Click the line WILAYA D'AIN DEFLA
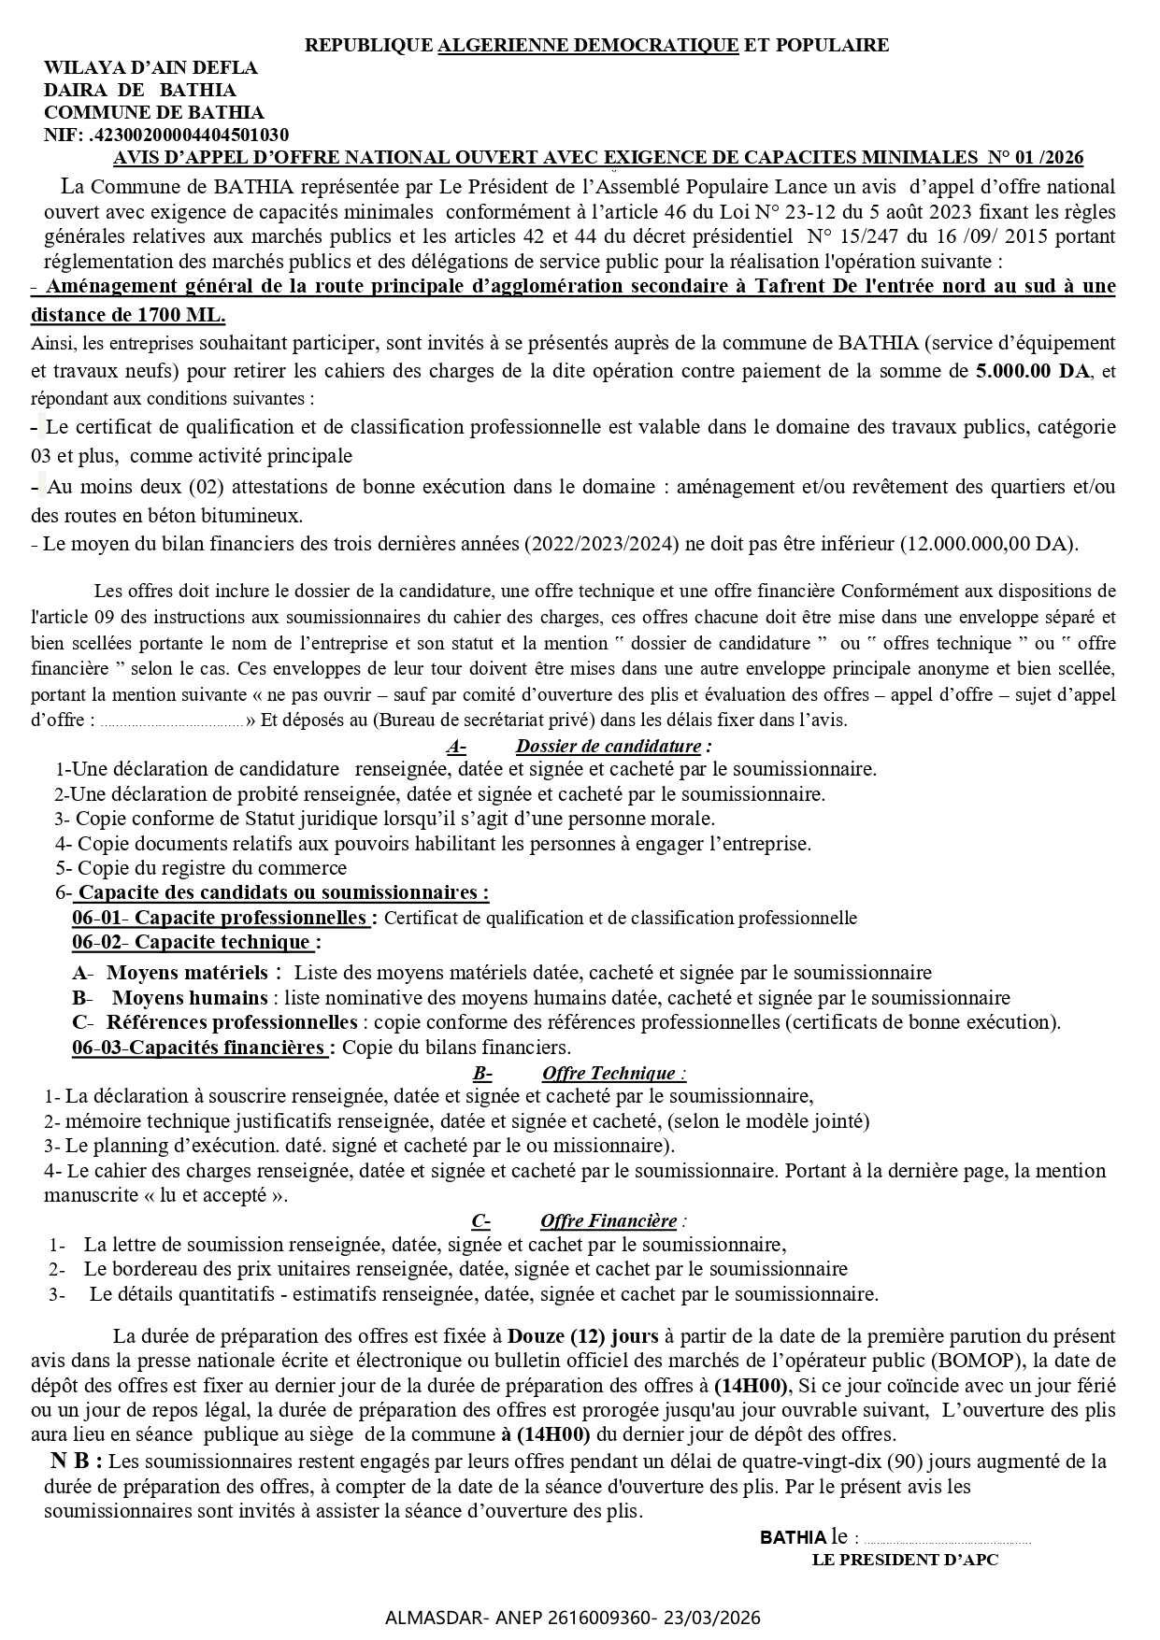[150, 68]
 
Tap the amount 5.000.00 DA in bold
[1032, 370]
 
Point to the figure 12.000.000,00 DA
[987, 544]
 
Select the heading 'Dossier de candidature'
[609, 746]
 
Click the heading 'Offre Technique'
[609, 1073]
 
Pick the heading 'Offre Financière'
[609, 1220]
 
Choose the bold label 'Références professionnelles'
[232, 1022]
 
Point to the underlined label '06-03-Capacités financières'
[199, 1048]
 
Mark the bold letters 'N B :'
[77, 1461]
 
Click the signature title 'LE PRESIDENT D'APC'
[905, 1560]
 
